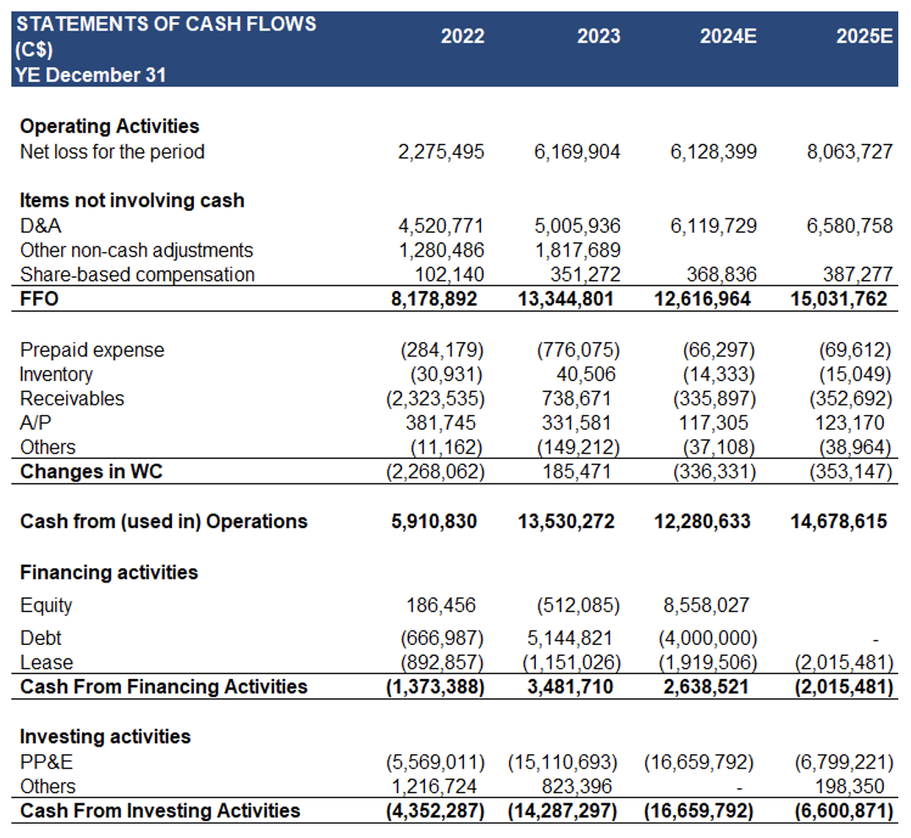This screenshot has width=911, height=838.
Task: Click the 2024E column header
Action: coord(728,36)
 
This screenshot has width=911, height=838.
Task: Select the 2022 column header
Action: coord(462,36)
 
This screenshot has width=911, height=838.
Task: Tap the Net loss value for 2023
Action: coord(577,152)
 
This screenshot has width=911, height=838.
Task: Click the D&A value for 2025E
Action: coord(849,225)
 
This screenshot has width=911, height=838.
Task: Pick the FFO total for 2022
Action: coord(434,299)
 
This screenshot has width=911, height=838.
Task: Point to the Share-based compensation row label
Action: coord(137,274)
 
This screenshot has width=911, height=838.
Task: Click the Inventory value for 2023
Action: coord(586,374)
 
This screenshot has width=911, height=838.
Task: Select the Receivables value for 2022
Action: coord(435,399)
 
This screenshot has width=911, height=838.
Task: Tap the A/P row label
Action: coord(36,422)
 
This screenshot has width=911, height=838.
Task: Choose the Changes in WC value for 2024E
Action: coord(715,471)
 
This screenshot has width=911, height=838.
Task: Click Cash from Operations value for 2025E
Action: coord(838,521)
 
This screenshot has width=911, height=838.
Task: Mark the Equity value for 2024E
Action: coord(706,605)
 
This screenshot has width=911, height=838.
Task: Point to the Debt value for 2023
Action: coord(570,637)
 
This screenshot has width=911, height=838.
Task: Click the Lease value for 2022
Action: coord(442,662)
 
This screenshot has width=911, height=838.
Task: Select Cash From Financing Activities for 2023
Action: coord(570,686)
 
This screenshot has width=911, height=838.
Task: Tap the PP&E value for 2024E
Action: coord(699,762)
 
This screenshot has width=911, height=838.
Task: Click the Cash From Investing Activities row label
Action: coord(160,810)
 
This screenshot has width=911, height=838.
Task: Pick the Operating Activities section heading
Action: coord(110,126)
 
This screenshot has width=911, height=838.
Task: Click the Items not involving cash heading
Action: coord(132,201)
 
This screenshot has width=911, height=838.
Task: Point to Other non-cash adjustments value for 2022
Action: coord(441,250)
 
